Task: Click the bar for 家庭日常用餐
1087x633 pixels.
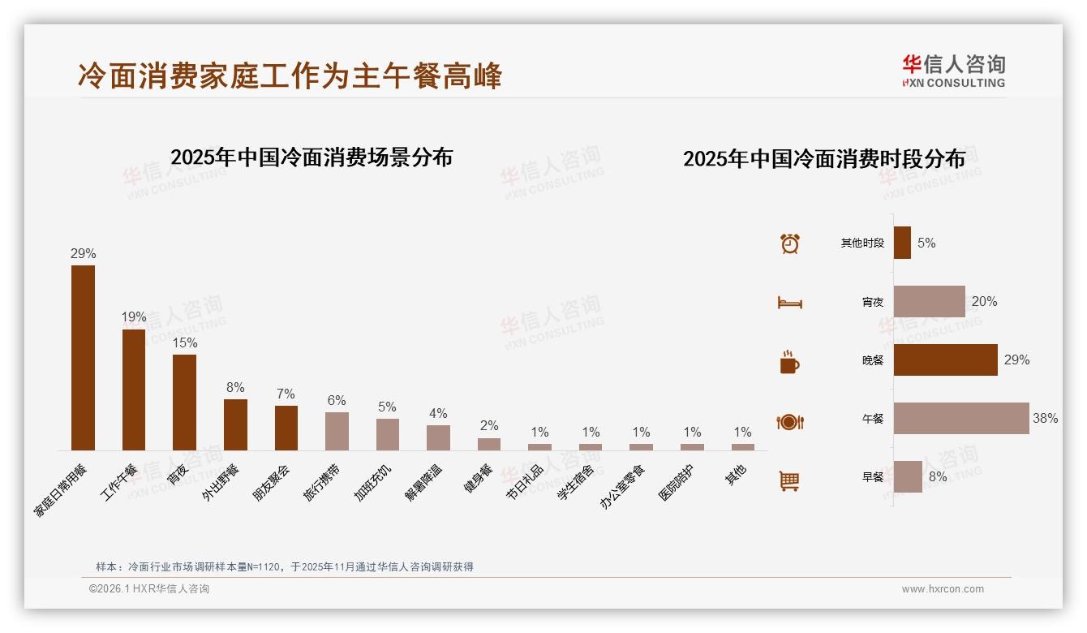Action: [83, 358]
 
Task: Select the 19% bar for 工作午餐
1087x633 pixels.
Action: [134, 390]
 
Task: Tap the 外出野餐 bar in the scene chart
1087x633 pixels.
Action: [235, 424]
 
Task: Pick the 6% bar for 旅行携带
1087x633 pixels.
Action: [337, 431]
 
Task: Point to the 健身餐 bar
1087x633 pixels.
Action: [489, 444]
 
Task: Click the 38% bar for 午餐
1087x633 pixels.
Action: [961, 419]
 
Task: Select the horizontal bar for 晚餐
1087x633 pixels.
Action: [946, 360]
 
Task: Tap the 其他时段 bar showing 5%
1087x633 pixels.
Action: [902, 243]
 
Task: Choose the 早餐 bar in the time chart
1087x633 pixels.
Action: [908, 477]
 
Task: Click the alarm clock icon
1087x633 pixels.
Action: [790, 243]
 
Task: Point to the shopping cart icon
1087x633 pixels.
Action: [789, 480]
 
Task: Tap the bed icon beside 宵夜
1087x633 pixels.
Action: [789, 303]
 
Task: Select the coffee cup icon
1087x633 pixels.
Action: [789, 362]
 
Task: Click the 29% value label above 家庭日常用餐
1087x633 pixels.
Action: [83, 254]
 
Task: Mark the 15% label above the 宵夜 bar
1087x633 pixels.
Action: [184, 343]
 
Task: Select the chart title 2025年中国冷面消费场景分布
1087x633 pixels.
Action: [311, 157]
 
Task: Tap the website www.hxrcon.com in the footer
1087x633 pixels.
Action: [943, 589]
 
